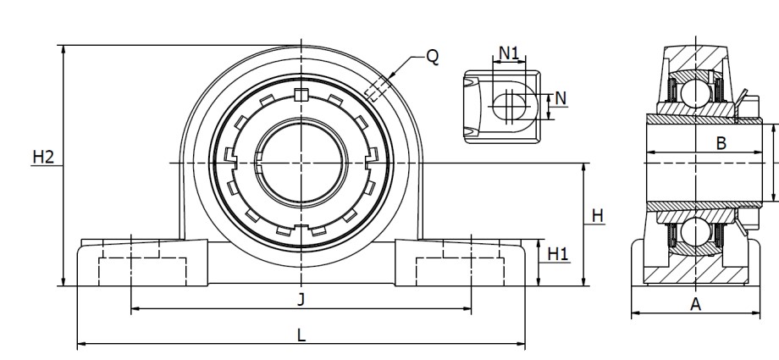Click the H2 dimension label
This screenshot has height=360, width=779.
pyautogui.click(x=43, y=157)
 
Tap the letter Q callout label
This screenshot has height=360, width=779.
pyautogui.click(x=432, y=57)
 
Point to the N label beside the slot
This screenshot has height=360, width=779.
pyautogui.click(x=561, y=98)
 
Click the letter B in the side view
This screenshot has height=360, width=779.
pyautogui.click(x=721, y=142)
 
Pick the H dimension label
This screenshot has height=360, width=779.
pyautogui.click(x=598, y=216)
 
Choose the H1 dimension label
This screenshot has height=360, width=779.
pyautogui.click(x=558, y=253)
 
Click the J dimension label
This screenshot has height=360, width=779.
pyautogui.click(x=301, y=299)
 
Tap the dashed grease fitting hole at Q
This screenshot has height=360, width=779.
pyautogui.click(x=377, y=87)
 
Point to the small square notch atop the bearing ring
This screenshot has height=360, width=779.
pyautogui.click(x=302, y=93)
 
